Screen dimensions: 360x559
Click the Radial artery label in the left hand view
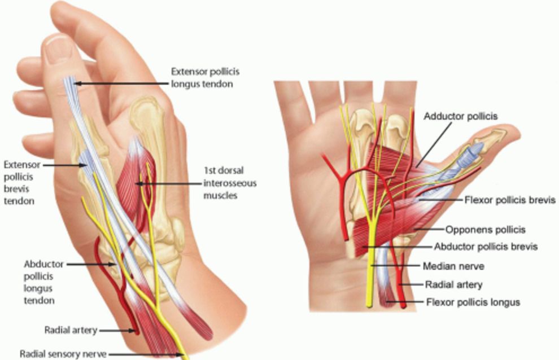click(71, 330)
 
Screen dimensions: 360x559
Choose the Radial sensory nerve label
click(63, 354)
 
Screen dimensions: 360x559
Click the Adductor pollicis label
click(461, 116)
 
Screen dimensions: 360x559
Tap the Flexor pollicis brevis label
click(510, 200)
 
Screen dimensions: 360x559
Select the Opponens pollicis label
click(485, 230)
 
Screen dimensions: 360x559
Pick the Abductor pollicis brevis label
click(485, 247)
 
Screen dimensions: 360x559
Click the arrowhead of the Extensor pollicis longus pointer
click(77, 83)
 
